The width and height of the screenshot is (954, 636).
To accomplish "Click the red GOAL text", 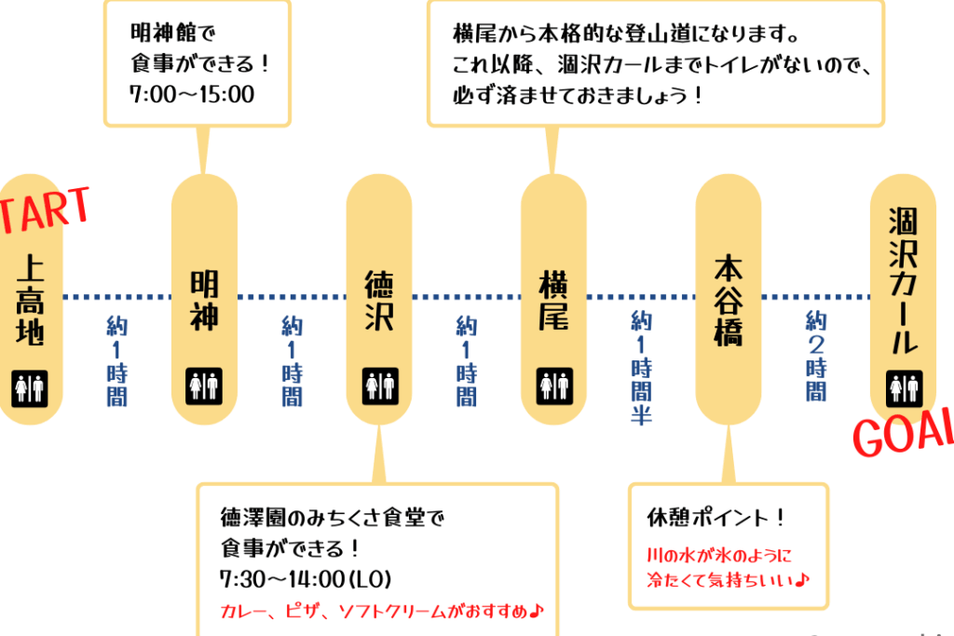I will pos(903,431).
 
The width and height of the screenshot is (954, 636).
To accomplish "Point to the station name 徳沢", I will pos(378,301).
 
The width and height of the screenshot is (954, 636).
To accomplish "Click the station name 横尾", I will pos(552,301).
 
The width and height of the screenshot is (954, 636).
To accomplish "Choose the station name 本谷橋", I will pos(728,301).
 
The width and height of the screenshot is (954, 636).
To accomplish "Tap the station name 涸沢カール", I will pos(903,280).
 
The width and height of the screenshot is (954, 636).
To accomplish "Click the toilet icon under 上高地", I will pos(29,387).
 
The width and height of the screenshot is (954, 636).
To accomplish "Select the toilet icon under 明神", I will pos(203,386).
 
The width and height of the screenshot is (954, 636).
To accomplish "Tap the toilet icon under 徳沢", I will pos(379,386).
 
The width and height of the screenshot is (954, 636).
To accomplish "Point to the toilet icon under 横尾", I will pos(553,386).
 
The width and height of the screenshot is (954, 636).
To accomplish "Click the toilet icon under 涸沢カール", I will pos(904,386).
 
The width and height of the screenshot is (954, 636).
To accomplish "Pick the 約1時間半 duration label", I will pos(640,367).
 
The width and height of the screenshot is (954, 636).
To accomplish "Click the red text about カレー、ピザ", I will pos(382,611).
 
